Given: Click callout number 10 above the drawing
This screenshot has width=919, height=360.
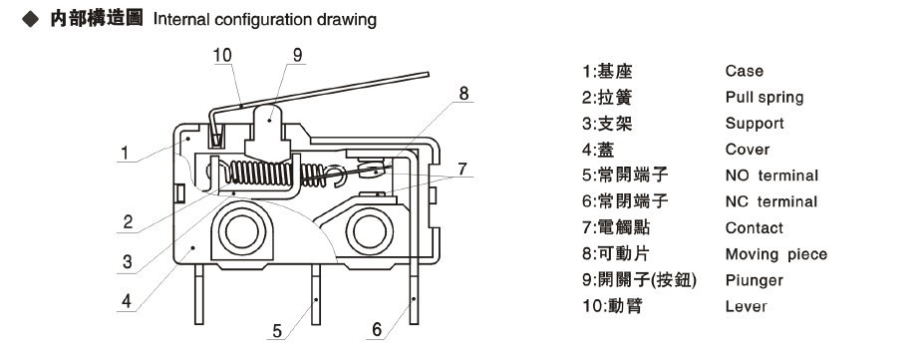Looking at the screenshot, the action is pyautogui.click(x=222, y=55).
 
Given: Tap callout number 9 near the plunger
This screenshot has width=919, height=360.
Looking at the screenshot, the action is pyautogui.click(x=298, y=55).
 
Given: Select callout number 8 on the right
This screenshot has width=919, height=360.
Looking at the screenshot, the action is pyautogui.click(x=463, y=94).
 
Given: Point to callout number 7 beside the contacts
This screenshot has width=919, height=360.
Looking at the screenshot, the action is pyautogui.click(x=462, y=169).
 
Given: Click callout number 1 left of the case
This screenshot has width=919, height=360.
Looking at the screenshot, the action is pyautogui.click(x=125, y=154).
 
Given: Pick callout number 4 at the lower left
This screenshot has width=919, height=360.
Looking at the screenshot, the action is pyautogui.click(x=127, y=301).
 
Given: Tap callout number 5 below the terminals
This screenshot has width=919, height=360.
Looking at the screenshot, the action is pyautogui.click(x=277, y=331).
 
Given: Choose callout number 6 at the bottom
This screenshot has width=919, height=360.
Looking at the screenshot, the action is pyautogui.click(x=377, y=329).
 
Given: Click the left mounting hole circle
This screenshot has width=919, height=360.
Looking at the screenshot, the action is pyautogui.click(x=241, y=231).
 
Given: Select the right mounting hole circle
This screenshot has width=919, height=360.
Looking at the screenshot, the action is pyautogui.click(x=369, y=231).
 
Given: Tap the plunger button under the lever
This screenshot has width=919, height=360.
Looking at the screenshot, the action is pyautogui.click(x=268, y=132).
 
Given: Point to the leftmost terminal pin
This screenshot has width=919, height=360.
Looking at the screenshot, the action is pyautogui.click(x=198, y=294).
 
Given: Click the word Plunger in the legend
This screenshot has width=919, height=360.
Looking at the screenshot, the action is pyautogui.click(x=755, y=281).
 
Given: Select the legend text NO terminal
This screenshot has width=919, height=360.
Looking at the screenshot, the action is pyautogui.click(x=771, y=176).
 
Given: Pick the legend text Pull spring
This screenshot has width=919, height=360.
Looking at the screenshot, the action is pyautogui.click(x=765, y=98).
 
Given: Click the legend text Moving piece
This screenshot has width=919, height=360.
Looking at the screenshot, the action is pyautogui.click(x=776, y=254).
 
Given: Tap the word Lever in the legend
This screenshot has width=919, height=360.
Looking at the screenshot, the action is pyautogui.click(x=747, y=306).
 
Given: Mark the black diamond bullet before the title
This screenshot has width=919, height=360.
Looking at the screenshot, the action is pyautogui.click(x=29, y=19).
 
